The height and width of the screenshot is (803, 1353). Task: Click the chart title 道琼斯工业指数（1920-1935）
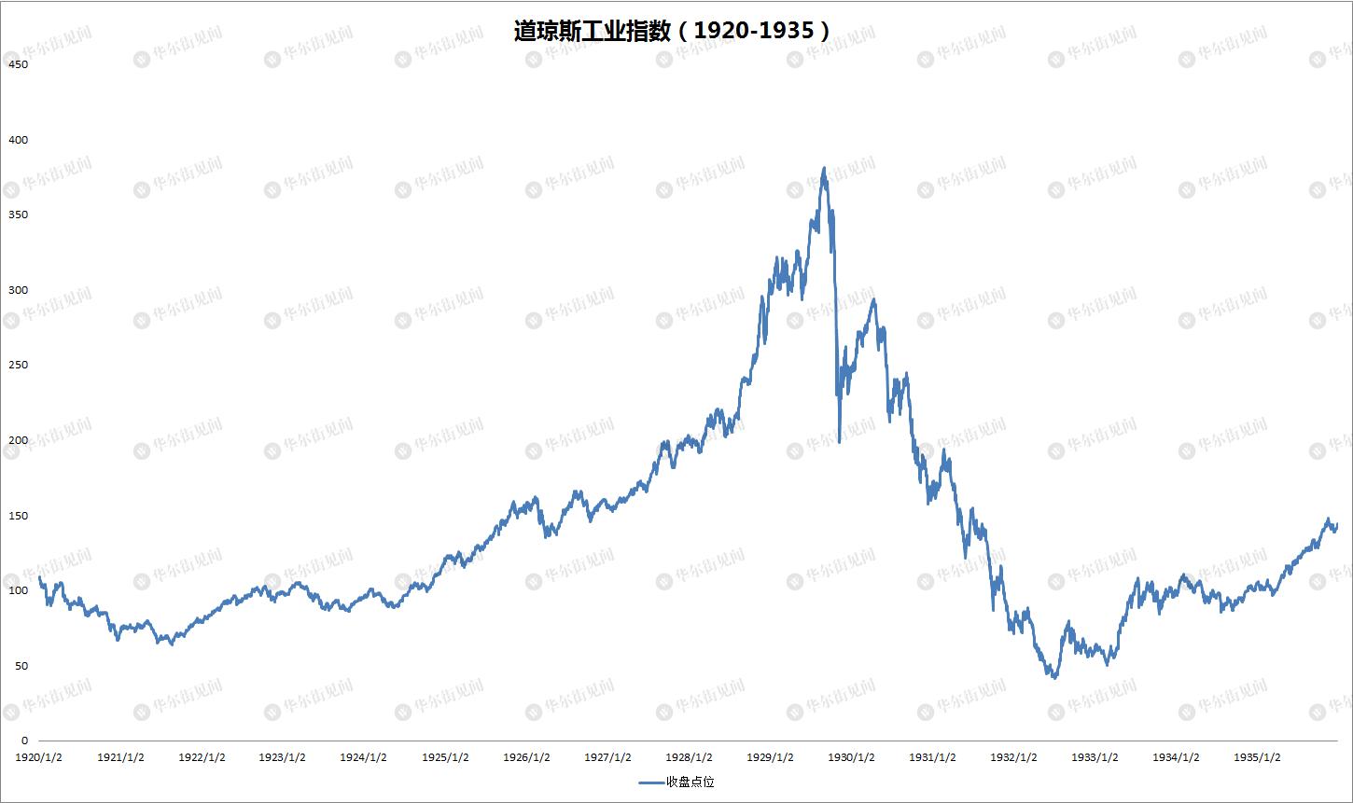[x=672, y=31]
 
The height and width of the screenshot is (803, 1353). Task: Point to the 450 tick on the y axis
[x=19, y=64]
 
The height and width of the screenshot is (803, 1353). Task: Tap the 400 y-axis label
[x=19, y=140]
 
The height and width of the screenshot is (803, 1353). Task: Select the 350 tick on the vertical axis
[x=19, y=215]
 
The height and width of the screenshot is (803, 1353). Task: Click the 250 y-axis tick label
[x=19, y=365]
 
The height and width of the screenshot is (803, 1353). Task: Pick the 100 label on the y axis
[x=19, y=590]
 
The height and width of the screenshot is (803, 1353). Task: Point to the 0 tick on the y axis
[x=25, y=741]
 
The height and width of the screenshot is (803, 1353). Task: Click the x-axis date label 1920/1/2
[x=38, y=757]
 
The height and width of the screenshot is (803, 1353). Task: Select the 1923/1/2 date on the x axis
[x=282, y=757]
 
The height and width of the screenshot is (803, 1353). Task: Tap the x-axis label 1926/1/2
[x=526, y=757]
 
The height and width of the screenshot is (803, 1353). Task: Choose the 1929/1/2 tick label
[x=770, y=757]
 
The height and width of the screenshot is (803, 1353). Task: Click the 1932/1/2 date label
[x=1013, y=757]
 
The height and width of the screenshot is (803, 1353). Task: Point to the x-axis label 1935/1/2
[x=1257, y=757]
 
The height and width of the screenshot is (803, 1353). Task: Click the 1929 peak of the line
[x=824, y=168]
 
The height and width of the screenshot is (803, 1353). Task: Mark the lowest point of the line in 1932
[x=1054, y=678]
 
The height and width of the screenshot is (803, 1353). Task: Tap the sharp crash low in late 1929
[x=840, y=441]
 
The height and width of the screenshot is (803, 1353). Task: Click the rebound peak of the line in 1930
[x=873, y=299]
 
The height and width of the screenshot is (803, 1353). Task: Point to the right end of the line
[x=1336, y=524]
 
